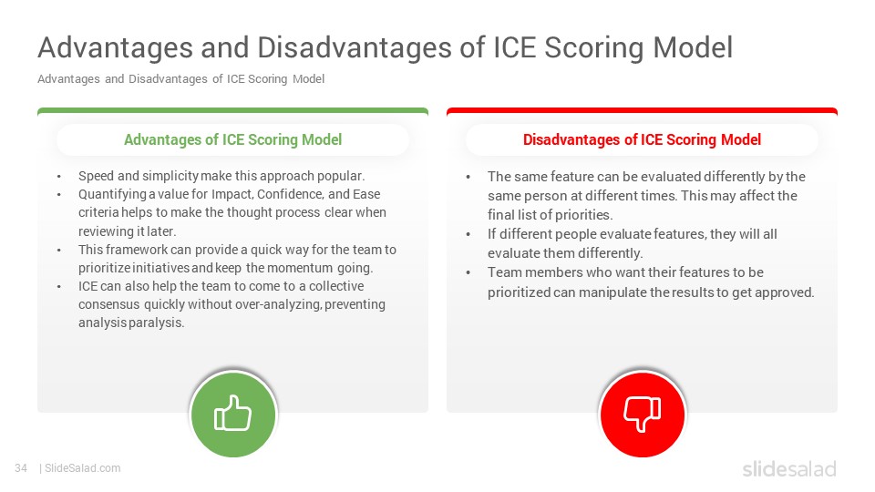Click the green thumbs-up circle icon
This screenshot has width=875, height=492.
click(x=233, y=415)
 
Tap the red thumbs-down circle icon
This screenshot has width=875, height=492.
click(x=643, y=415)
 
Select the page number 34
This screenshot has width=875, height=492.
click(x=21, y=468)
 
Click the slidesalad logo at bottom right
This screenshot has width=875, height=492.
click(x=789, y=468)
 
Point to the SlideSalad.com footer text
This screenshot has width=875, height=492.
click(x=83, y=468)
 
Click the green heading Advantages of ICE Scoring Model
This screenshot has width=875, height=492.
click(x=232, y=139)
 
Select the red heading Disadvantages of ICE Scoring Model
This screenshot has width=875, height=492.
click(x=642, y=139)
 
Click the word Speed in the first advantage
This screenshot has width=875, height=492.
click(x=97, y=176)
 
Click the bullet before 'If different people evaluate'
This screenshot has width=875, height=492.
click(x=468, y=235)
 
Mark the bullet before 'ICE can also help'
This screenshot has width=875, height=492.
click(x=58, y=287)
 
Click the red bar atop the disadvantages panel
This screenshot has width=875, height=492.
click(x=642, y=111)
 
